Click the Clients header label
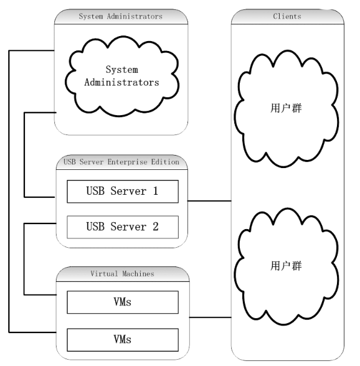pyautogui.click(x=287, y=16)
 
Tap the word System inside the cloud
pyautogui.click(x=121, y=70)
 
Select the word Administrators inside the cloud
pyautogui.click(x=121, y=82)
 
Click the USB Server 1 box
pyautogui.click(x=123, y=192)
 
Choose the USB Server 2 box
pyautogui.click(x=123, y=227)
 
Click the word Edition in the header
pyautogui.click(x=165, y=162)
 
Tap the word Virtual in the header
pyautogui.click(x=104, y=274)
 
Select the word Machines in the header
pyautogui.click(x=138, y=274)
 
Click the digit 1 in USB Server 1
pyautogui.click(x=156, y=191)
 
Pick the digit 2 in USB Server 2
pyautogui.click(x=156, y=227)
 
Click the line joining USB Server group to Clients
pyautogui.click(x=209, y=200)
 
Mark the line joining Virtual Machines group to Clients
pyautogui.click(x=211, y=317)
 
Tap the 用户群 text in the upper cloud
pyautogui.click(x=286, y=108)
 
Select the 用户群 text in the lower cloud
pyautogui.click(x=286, y=266)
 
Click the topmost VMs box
pyautogui.click(x=123, y=302)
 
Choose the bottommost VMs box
pyautogui.click(x=123, y=340)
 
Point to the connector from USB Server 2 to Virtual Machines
pyautogui.click(x=24, y=259)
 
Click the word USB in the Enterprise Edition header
pyautogui.click(x=70, y=162)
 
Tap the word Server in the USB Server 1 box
pyautogui.click(x=128, y=191)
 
